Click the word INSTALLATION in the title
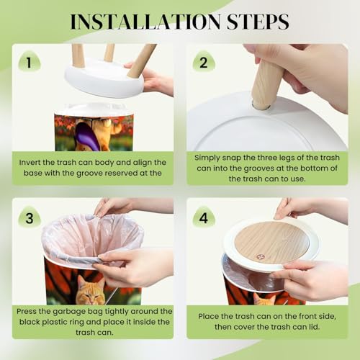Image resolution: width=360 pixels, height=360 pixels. coord(145,22)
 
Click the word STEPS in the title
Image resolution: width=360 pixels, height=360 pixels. coord(258,22)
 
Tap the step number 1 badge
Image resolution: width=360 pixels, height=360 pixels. coord(30,62)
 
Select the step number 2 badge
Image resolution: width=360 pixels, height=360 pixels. coord(204,62)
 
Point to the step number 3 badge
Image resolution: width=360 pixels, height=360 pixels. coord(30,217)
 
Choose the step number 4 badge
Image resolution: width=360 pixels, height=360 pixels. coord(204,217)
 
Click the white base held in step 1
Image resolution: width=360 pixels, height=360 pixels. coord(104,78)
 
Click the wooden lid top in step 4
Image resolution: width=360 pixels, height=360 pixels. coord(271,242)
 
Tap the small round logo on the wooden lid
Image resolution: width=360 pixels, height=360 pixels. coord(260,257)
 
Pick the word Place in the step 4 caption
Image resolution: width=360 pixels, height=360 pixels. coord(208,316)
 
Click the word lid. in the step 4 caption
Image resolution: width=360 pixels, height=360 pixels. coord(313,327)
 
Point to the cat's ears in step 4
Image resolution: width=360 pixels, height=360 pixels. coord(265,297)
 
